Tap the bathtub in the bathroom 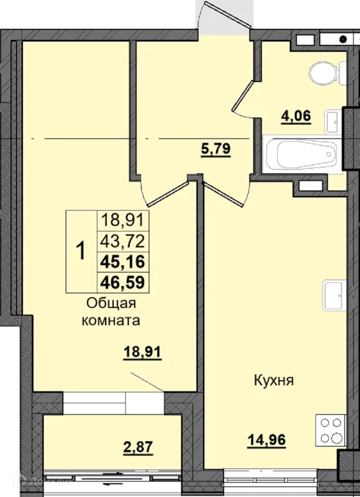click(x=302, y=153)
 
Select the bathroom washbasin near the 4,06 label click(x=333, y=122)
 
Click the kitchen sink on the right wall click(x=334, y=296)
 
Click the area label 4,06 click(x=296, y=116)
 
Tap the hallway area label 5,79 click(x=215, y=148)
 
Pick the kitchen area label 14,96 click(x=267, y=440)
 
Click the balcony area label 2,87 click(x=138, y=447)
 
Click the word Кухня click(x=274, y=380)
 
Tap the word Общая click(x=111, y=304)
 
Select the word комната click(x=111, y=321)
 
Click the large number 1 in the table click(x=81, y=251)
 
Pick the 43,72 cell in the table click(x=122, y=242)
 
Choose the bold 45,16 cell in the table click(x=122, y=262)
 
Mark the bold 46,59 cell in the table click(x=122, y=282)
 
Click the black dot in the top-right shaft click(x=343, y=40)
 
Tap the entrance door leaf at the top click(x=228, y=14)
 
